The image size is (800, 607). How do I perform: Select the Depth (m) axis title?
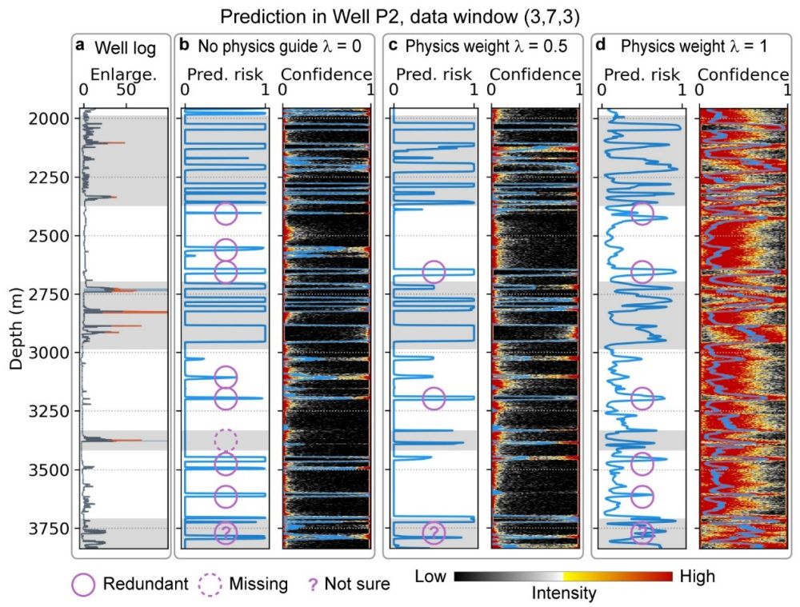pos(16,323)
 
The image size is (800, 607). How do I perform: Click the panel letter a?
pos(80,46)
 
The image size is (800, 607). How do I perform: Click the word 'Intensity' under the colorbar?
pos(563,593)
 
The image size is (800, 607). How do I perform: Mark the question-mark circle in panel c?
pos(434,533)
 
